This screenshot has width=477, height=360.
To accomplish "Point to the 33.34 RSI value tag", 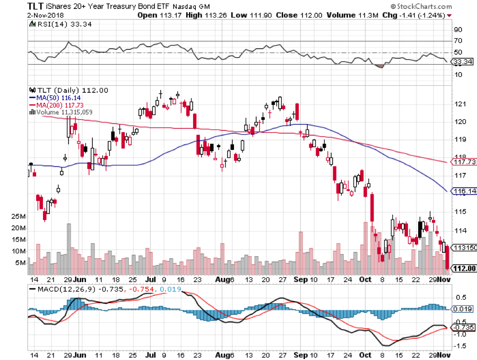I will pos(459,62).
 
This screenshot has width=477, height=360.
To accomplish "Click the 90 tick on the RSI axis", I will pos(456,30).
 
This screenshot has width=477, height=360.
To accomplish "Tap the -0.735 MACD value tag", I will pos(462,327).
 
